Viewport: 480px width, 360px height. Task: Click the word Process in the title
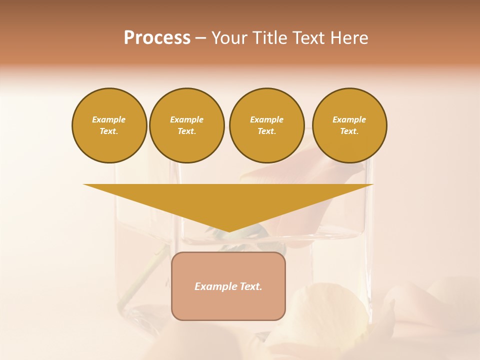[157, 38]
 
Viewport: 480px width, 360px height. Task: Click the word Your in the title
[230, 38]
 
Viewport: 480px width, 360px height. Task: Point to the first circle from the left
[109, 125]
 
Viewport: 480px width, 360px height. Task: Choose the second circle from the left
[187, 125]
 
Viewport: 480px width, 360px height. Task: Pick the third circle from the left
[266, 125]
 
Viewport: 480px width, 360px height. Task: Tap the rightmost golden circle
[349, 125]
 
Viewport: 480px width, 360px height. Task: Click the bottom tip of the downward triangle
[229, 230]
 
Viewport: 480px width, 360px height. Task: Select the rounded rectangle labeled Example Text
[228, 286]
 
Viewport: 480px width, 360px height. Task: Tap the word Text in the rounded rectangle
[251, 286]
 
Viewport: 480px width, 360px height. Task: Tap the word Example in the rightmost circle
[349, 119]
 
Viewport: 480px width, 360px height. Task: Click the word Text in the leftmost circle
[108, 131]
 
